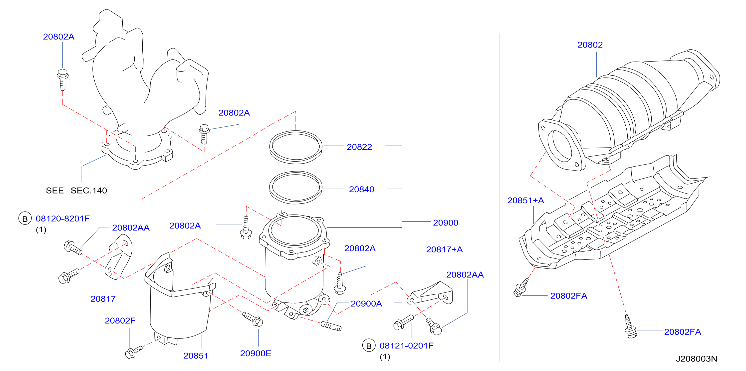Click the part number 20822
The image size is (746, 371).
(x=359, y=147)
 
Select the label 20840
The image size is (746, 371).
(x=361, y=189)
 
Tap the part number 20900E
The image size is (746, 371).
(x=256, y=353)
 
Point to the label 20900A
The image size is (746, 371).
(x=366, y=303)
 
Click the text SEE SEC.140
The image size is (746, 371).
(x=76, y=190)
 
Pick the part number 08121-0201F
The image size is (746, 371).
(x=407, y=345)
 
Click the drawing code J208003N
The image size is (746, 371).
(x=697, y=359)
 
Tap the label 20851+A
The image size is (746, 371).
(x=526, y=200)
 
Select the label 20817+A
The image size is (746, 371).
(x=444, y=249)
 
